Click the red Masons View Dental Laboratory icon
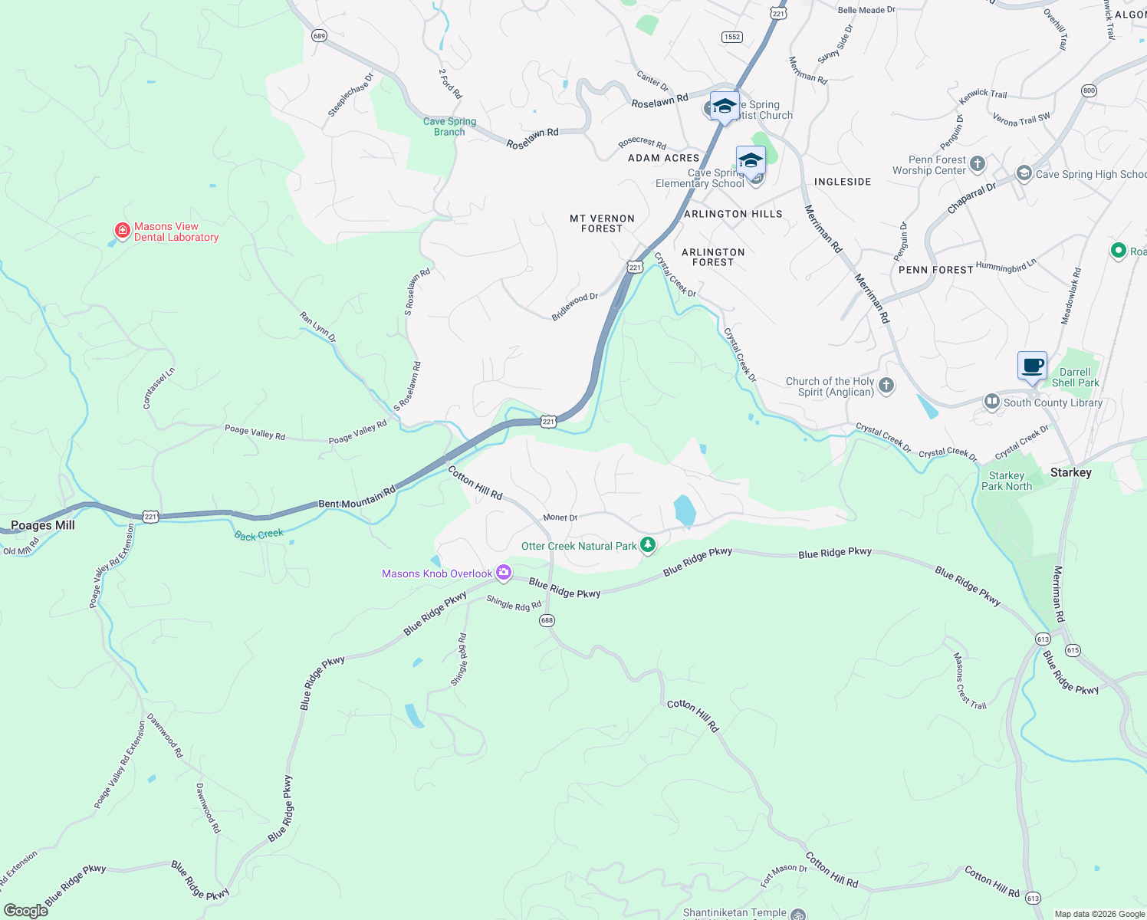click(122, 231)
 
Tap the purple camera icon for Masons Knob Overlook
click(504, 572)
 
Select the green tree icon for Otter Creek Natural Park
click(649, 545)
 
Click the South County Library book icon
click(992, 402)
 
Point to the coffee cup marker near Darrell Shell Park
click(1032, 365)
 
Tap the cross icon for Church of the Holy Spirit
click(886, 386)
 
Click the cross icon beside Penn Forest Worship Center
click(978, 163)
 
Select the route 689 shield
click(319, 36)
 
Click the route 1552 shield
click(732, 37)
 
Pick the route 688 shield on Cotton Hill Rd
click(547, 620)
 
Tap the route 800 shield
click(1089, 90)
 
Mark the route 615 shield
click(1073, 650)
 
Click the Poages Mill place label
click(43, 525)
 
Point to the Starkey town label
click(1070, 472)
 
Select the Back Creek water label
click(259, 534)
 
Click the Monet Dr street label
click(560, 517)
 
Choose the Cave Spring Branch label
click(449, 127)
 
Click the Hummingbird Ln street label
click(1006, 266)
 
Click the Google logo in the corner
click(25, 910)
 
